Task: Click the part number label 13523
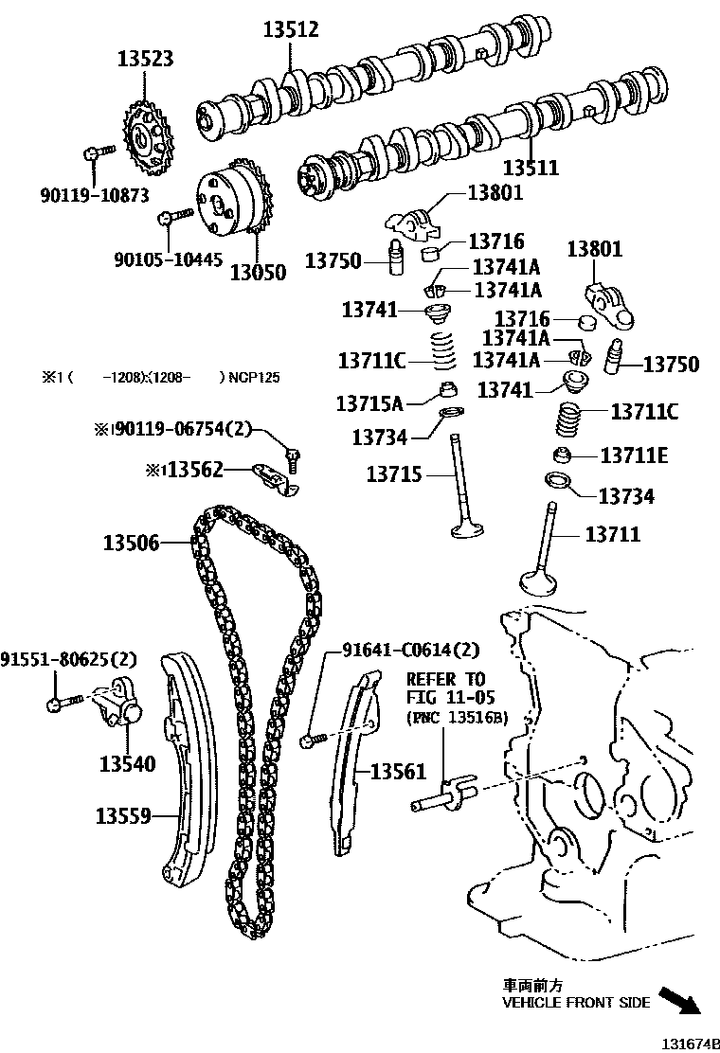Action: pyautogui.click(x=145, y=59)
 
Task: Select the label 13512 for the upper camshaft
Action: pyautogui.click(x=291, y=30)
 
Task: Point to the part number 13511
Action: pyautogui.click(x=531, y=169)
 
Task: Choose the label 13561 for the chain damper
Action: pyautogui.click(x=399, y=772)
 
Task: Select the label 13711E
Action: pyautogui.click(x=634, y=455)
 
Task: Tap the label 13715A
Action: pyautogui.click(x=369, y=403)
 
